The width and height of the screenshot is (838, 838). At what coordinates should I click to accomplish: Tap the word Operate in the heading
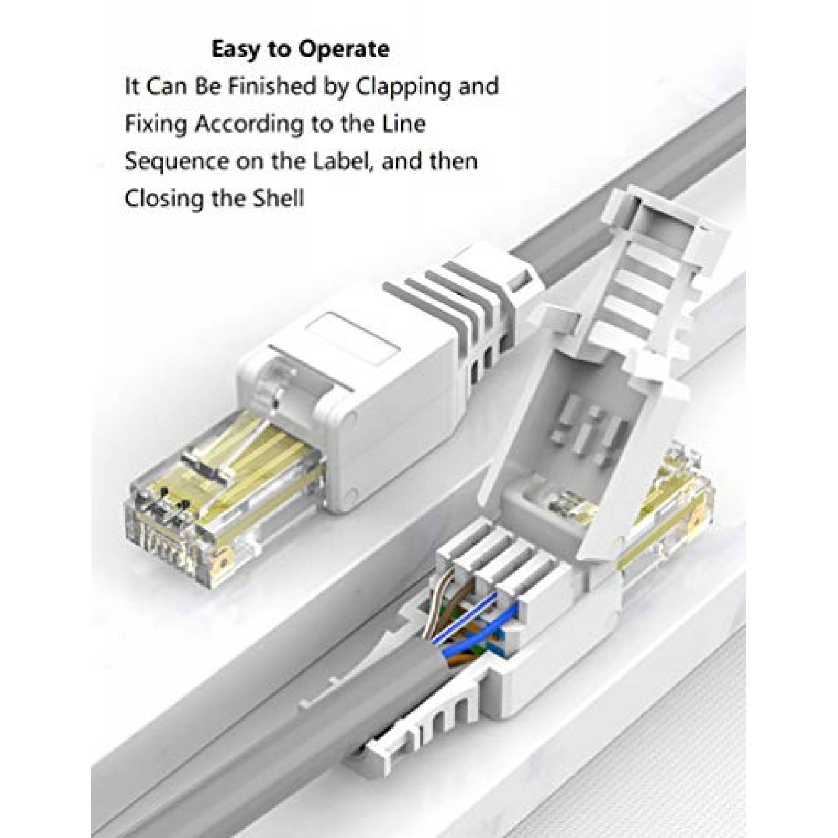344,49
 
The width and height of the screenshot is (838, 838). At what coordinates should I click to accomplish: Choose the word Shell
279,199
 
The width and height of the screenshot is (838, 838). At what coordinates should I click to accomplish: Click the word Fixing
156,124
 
